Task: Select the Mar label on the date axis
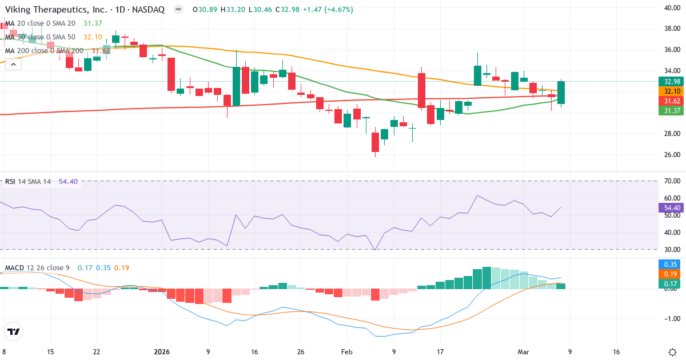524,352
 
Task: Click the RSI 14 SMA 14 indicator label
28,182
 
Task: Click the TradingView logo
13,331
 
